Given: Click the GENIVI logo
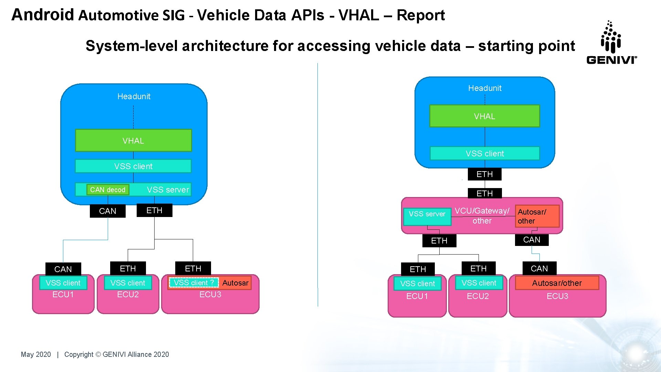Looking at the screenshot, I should (x=611, y=43).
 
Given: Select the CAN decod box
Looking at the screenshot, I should (x=108, y=190).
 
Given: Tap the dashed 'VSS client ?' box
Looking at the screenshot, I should (x=194, y=283).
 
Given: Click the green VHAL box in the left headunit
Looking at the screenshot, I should (x=133, y=141).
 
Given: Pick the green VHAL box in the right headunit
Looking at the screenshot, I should (x=484, y=116).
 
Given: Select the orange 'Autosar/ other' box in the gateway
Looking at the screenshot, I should (x=537, y=216).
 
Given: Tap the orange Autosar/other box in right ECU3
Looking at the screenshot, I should (x=557, y=283).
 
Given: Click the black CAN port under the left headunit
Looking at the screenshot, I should (x=107, y=211).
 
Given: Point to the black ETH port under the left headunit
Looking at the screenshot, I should (x=154, y=210).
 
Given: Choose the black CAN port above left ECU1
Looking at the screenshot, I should (x=63, y=269).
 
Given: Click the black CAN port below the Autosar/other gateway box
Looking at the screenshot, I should (x=532, y=240).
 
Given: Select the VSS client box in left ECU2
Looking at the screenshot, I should (x=128, y=283).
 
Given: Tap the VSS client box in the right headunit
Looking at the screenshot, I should (x=484, y=154).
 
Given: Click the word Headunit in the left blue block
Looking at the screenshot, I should (x=134, y=96).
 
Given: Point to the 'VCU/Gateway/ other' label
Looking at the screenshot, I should (x=482, y=216).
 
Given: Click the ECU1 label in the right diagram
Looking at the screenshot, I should (x=417, y=296).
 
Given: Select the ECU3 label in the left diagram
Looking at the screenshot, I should (x=210, y=294).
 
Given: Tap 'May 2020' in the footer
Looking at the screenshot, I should (x=36, y=354).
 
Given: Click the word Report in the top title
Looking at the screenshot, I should (x=421, y=15).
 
